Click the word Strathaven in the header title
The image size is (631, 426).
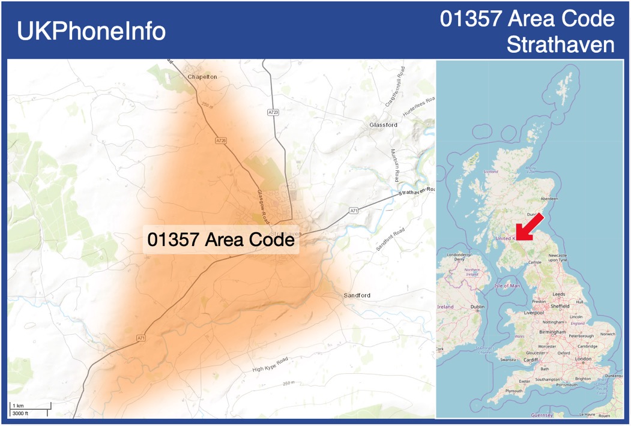click(561, 45)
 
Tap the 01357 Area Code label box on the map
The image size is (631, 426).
click(221, 240)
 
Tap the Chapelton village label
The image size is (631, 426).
click(202, 77)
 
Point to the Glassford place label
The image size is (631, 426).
click(383, 125)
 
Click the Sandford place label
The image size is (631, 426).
click(357, 295)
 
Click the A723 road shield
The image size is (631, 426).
click(273, 112)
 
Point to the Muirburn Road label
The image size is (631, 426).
click(394, 166)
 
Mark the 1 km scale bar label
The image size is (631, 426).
click(18, 406)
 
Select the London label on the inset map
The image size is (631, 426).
click(583, 359)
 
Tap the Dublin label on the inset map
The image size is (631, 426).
click(477, 307)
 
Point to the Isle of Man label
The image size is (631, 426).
click(507, 286)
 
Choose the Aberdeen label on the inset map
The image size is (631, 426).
click(549, 199)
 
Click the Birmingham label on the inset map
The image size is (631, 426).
click(553, 332)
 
